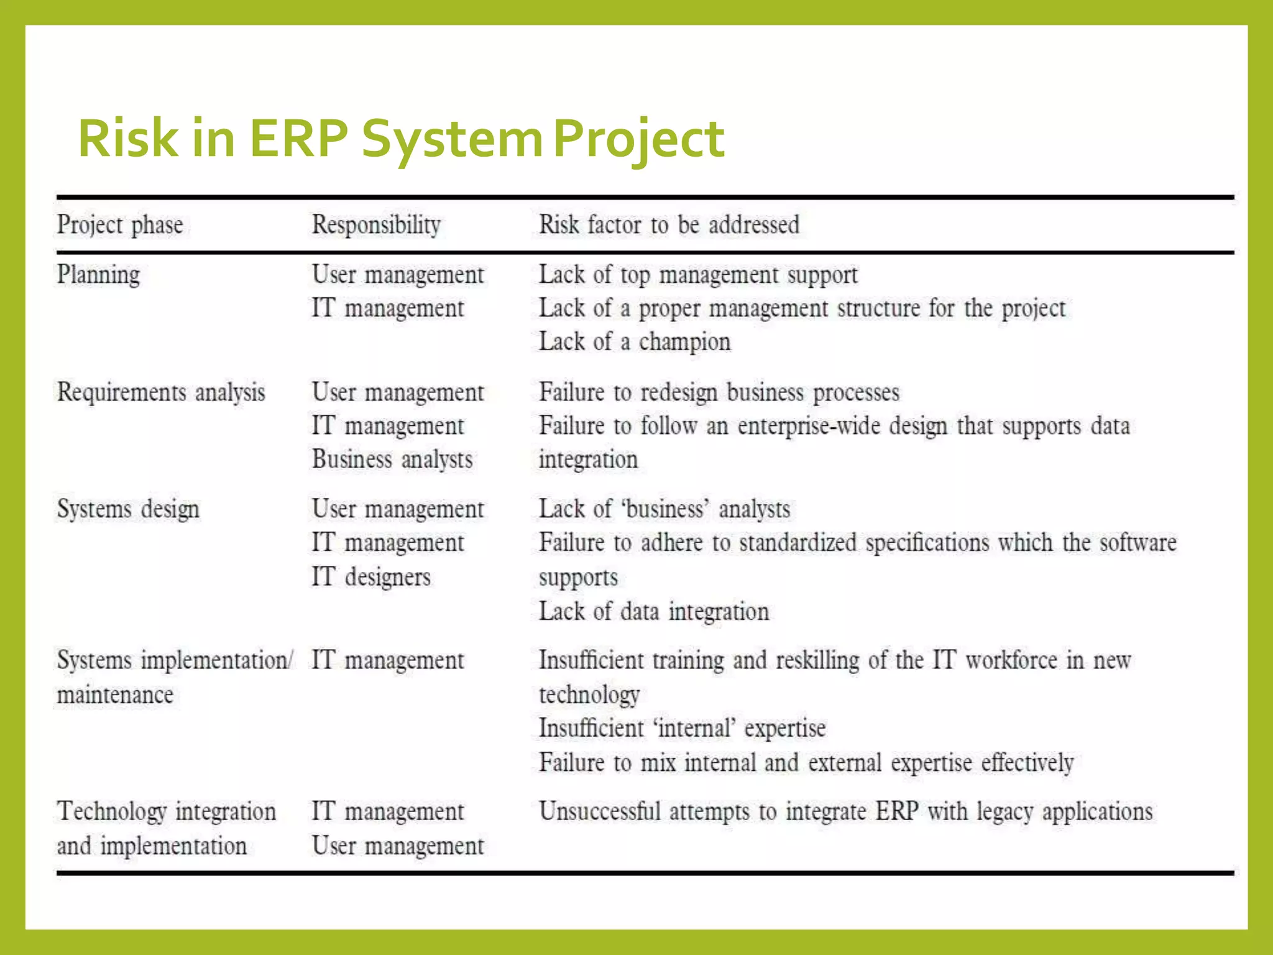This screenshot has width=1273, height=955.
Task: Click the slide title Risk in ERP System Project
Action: [401, 139]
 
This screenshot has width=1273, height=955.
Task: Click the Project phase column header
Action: [120, 225]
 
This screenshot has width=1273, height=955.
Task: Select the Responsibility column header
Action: [376, 225]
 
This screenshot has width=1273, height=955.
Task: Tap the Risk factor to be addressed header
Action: [669, 225]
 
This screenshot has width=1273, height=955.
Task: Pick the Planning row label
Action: [98, 275]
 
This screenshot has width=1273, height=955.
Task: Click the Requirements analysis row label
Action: [161, 393]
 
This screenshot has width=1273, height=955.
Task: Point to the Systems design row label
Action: [128, 510]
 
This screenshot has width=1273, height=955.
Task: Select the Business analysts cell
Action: [392, 460]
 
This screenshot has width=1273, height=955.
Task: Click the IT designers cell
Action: [371, 577]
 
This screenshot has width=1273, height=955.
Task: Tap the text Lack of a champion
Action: [635, 342]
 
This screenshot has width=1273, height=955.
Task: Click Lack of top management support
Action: [698, 275]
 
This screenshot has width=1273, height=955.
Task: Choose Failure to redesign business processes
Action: [719, 393]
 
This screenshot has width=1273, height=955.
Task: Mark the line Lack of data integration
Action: [654, 612]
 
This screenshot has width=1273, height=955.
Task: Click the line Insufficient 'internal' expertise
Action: [682, 729]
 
